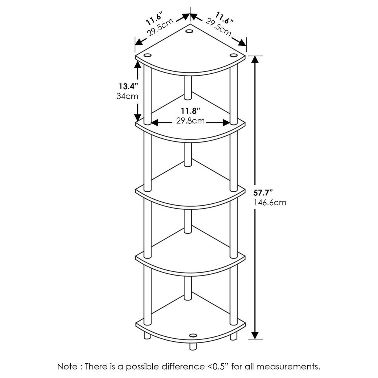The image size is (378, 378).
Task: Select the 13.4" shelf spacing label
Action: [x=127, y=87]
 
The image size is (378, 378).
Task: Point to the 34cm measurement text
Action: [x=127, y=96]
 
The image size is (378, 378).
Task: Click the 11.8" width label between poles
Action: [x=190, y=111]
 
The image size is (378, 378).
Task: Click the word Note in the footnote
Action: [x=68, y=366]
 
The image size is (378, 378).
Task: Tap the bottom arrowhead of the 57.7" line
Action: [x=256, y=335]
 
